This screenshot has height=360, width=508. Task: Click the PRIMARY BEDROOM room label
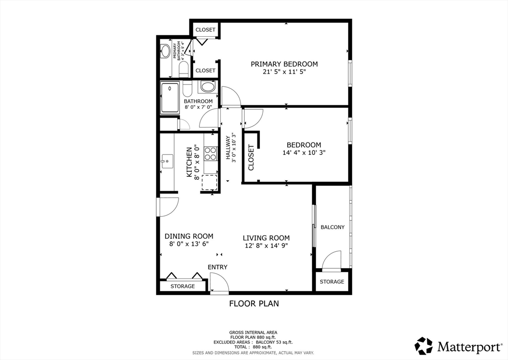pos(284,64)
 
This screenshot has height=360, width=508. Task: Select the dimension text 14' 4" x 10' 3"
pos(304,153)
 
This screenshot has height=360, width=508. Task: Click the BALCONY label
pos(332,227)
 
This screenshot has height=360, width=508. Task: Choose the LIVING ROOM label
pos(266,238)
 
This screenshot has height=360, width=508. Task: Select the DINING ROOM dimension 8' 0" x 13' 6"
pos(189,244)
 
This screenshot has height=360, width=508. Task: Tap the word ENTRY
pos(217,267)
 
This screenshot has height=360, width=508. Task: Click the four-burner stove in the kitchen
pos(211,153)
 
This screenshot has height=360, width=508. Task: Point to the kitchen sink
pos(166,160)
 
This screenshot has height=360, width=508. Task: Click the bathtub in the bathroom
pos(170,98)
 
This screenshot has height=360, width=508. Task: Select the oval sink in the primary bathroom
pos(165,51)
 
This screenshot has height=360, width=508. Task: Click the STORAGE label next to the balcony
pos(332,282)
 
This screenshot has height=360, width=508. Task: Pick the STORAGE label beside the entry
pos(183,287)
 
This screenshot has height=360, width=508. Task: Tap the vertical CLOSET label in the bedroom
pos(251,158)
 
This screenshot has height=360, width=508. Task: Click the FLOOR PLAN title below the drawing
pos(254,303)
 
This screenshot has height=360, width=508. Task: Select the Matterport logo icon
pos(424,346)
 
